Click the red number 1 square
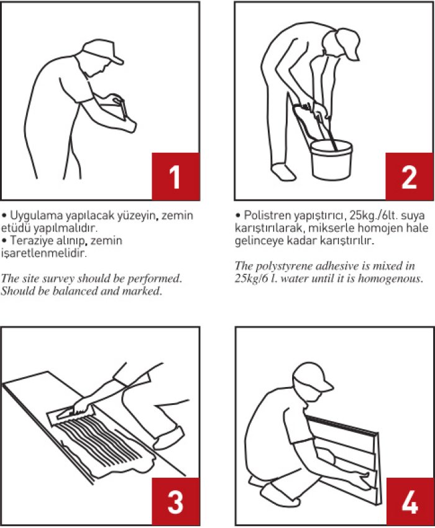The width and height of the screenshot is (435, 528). (x=175, y=176)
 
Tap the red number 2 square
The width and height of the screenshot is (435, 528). (x=409, y=176)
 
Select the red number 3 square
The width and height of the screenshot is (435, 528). (x=175, y=501)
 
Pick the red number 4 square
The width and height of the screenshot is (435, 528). (x=410, y=501)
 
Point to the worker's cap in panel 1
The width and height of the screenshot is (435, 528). (x=103, y=51)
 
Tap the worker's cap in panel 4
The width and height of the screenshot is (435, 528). (x=313, y=376)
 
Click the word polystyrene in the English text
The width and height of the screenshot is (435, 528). (x=282, y=266)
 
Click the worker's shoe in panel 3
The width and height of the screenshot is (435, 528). (x=169, y=437)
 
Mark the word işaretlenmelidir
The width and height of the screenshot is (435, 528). (x=43, y=253)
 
